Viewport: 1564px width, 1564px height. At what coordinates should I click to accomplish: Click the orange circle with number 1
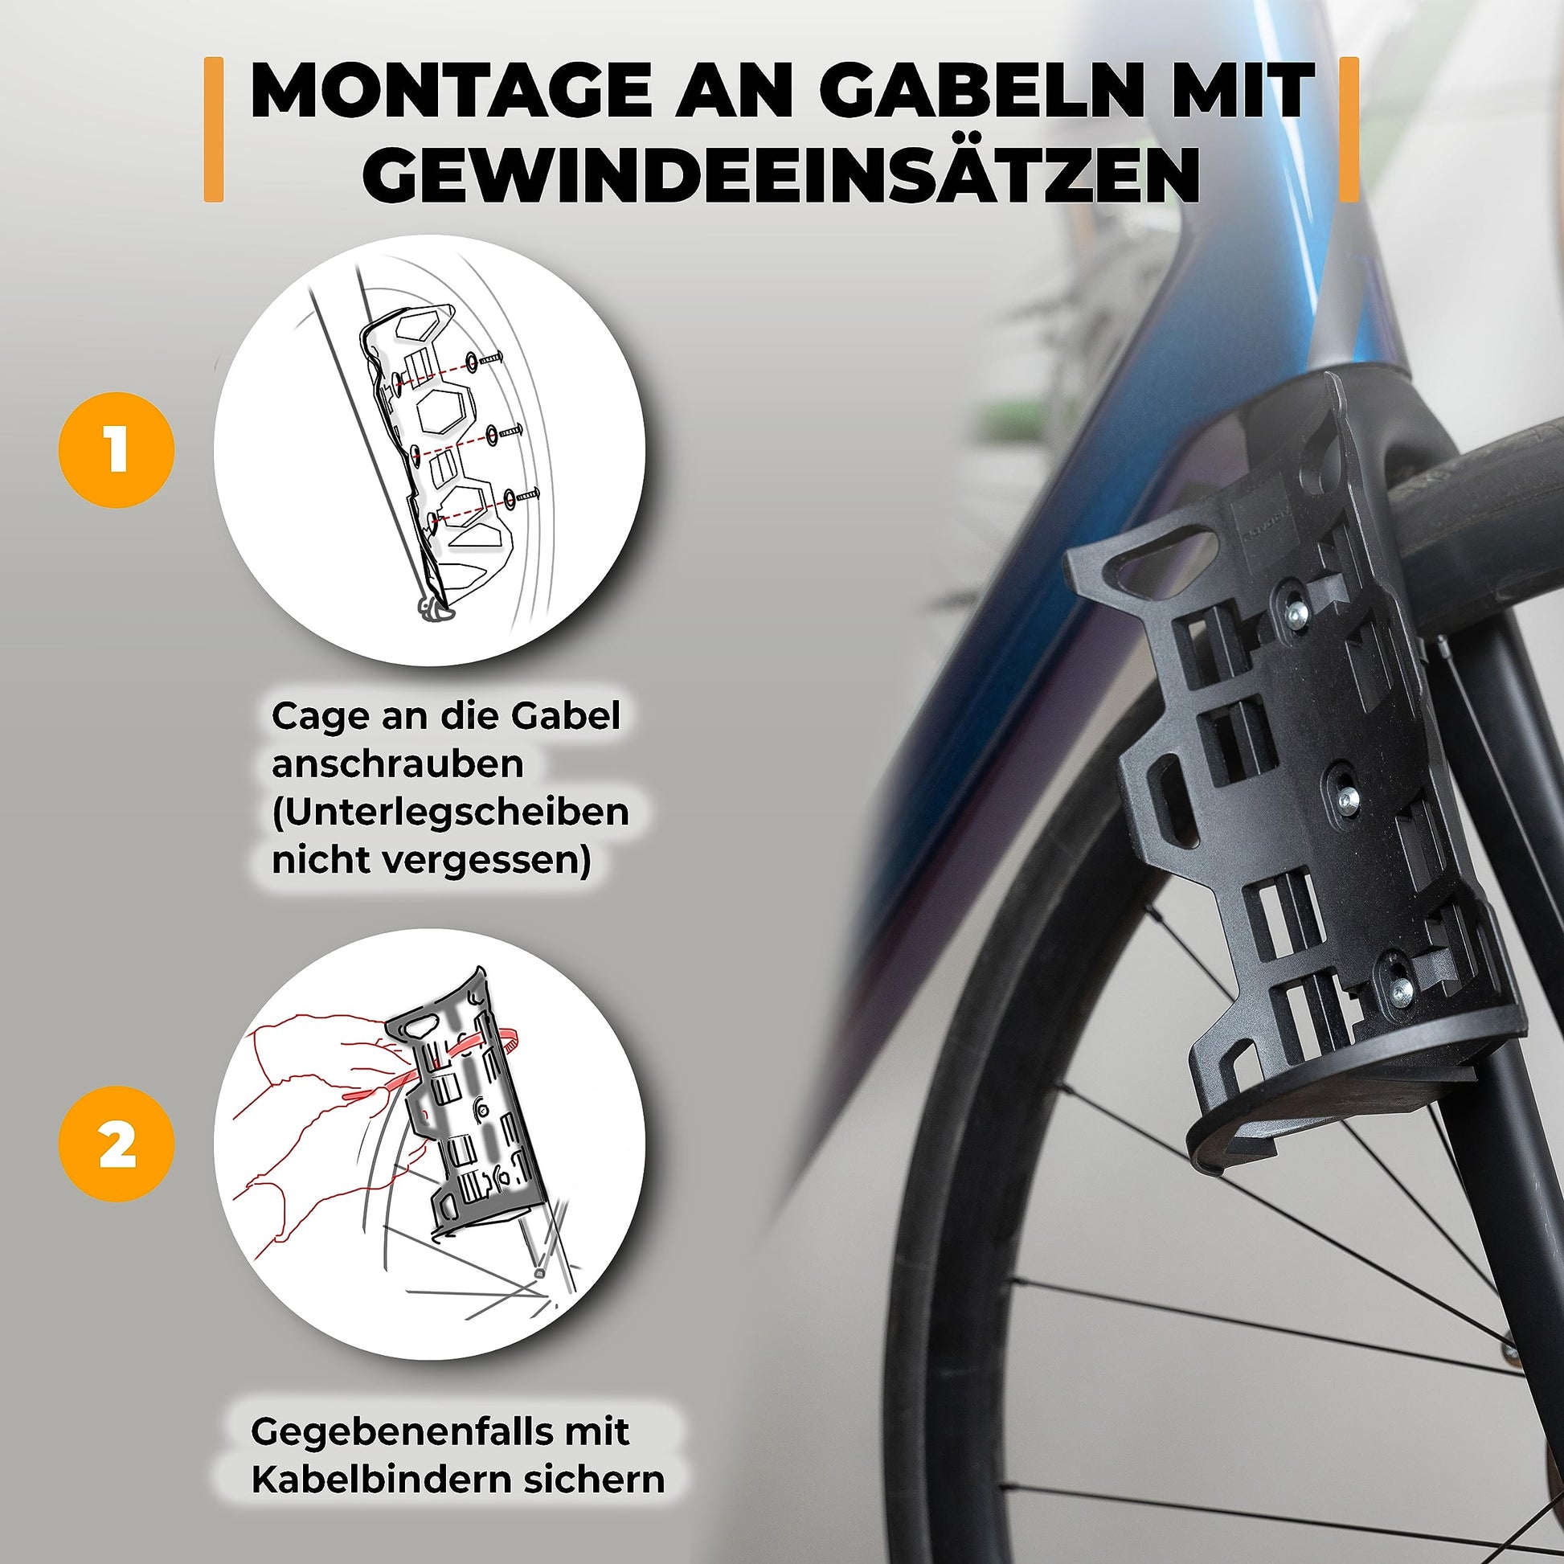point(117,450)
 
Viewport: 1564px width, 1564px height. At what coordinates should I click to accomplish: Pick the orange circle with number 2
point(117,1144)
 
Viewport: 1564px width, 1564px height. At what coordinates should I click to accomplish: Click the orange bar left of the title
point(214,129)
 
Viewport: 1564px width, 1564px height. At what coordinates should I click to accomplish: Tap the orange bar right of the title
point(1349,129)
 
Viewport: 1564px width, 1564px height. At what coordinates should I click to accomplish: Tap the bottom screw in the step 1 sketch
point(522,493)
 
